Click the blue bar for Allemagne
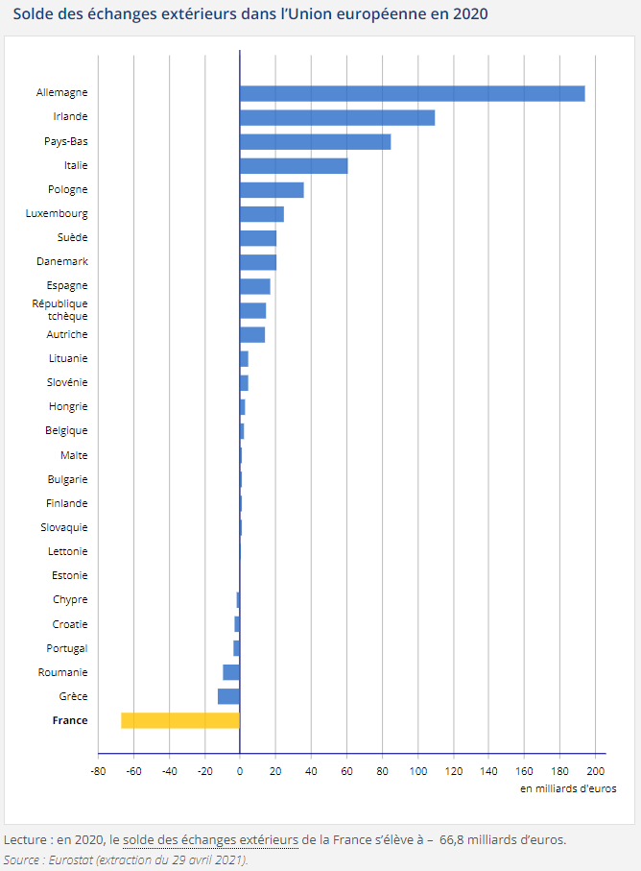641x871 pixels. [412, 93]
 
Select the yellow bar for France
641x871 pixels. [180, 720]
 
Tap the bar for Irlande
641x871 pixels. [337, 117]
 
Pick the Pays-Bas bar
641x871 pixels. [315, 141]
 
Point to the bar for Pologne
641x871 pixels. [272, 190]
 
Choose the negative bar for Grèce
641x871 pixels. [228, 696]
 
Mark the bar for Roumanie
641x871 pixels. [231, 672]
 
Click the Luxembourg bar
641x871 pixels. [261, 214]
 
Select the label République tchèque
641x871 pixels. [59, 309]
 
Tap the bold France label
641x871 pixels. [69, 720]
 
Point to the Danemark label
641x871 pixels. [61, 261]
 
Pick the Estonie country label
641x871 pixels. [69, 575]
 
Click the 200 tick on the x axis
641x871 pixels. [595, 770]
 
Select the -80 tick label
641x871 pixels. [97, 770]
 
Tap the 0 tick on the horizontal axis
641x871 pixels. [240, 770]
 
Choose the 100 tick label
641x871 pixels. [417, 770]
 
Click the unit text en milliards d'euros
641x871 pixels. [568, 788]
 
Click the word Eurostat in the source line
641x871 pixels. [72, 859]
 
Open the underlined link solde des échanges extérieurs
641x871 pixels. [210, 839]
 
